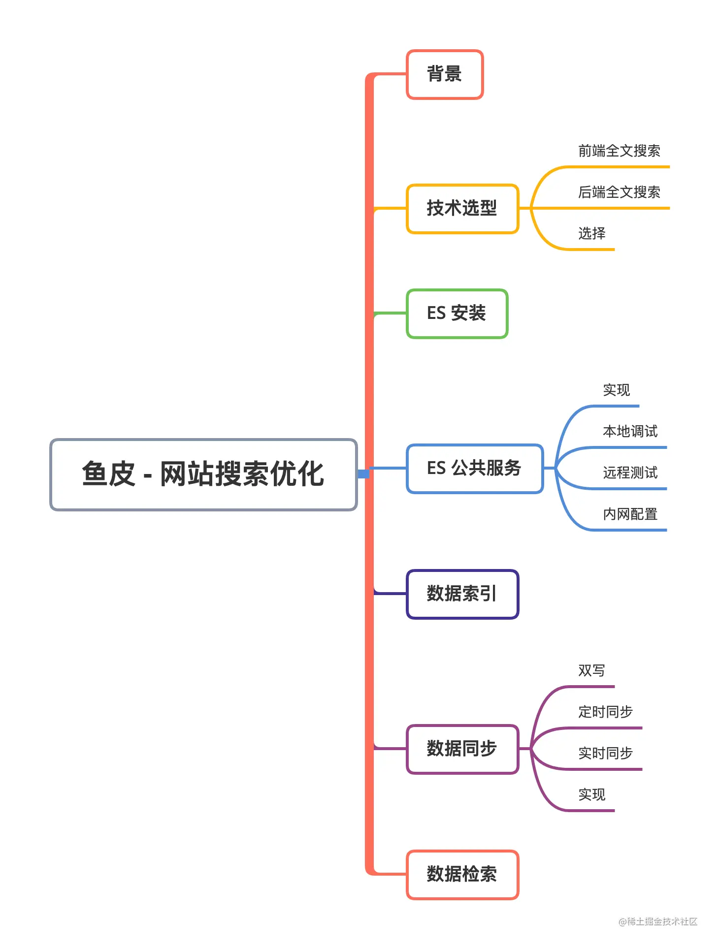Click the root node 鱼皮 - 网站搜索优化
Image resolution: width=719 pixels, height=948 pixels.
(x=203, y=474)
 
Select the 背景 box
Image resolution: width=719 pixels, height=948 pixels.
(x=444, y=74)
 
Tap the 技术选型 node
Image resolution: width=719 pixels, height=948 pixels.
(x=462, y=208)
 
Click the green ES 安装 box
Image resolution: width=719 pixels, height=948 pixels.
(x=457, y=314)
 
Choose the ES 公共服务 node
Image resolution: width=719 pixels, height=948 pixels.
(x=474, y=468)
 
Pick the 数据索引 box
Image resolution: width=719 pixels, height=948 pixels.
(x=462, y=594)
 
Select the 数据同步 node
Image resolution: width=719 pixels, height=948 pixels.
(x=462, y=749)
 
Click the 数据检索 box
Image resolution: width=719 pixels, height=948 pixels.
(x=462, y=874)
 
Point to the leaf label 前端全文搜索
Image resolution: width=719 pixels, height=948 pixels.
(x=619, y=151)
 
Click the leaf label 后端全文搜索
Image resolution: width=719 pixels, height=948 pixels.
(x=619, y=192)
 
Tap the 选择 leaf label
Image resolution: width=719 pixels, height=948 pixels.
(x=592, y=234)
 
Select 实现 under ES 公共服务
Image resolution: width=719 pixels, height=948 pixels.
(x=617, y=390)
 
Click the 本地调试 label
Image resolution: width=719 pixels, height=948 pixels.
(x=630, y=432)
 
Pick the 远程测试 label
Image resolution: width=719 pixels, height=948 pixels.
(x=630, y=473)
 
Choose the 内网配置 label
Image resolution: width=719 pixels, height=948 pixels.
(x=630, y=514)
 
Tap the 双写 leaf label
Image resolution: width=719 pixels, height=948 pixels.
(x=592, y=671)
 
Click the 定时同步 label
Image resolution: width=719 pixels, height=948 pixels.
(x=606, y=712)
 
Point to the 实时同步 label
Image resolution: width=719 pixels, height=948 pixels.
(x=606, y=754)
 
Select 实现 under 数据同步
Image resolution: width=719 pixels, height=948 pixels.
(x=592, y=795)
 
